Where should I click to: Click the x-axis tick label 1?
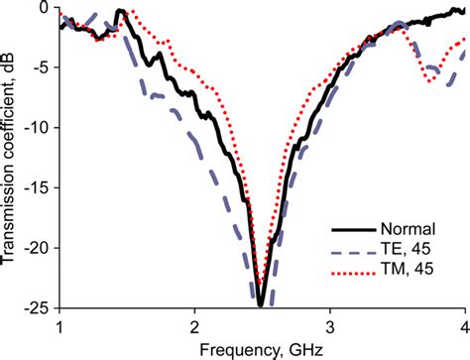pos(60,325)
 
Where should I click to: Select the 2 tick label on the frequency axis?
pos(195,325)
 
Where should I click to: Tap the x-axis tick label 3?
pos(330,325)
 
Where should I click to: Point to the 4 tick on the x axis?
pos(463,325)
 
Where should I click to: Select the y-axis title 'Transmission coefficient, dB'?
pos(11,158)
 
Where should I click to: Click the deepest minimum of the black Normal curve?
pos(260,302)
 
